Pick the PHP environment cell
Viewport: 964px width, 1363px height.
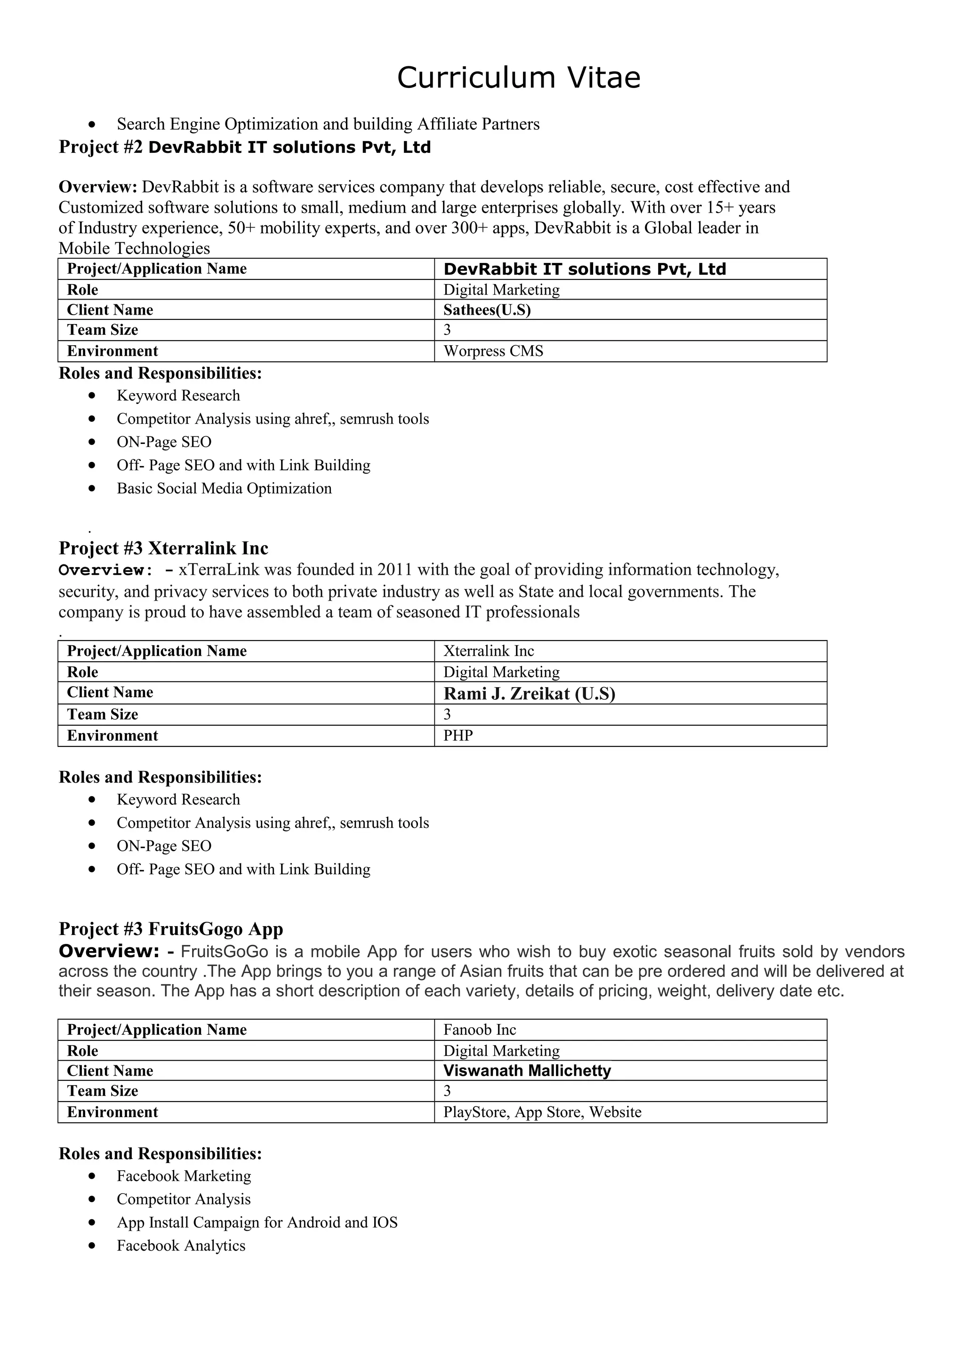458,736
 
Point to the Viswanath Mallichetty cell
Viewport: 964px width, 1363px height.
527,1070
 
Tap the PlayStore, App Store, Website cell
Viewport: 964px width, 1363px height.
542,1112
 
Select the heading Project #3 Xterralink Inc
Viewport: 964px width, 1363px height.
163,548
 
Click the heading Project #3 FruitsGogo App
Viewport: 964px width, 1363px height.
170,928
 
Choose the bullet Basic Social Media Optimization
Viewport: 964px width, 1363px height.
224,489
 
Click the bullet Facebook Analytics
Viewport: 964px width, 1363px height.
181,1245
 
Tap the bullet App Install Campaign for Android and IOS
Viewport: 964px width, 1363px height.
257,1222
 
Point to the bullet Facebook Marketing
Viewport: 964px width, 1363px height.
184,1176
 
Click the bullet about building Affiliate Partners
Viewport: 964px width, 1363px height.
328,124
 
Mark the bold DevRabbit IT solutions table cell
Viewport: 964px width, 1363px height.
585,269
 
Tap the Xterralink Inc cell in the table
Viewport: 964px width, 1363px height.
488,651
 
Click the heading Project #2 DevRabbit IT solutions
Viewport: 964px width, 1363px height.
244,147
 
